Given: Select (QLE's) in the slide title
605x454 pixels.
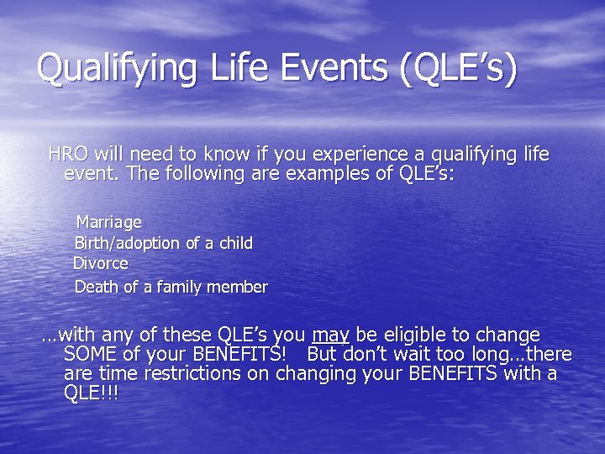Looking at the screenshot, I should click(x=459, y=69).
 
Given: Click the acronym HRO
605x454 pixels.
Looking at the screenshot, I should click(x=68, y=154).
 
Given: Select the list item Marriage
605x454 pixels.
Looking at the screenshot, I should click(x=108, y=223).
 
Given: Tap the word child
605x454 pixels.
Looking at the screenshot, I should click(x=234, y=243).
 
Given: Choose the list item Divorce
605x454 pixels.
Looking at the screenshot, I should click(x=101, y=263).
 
